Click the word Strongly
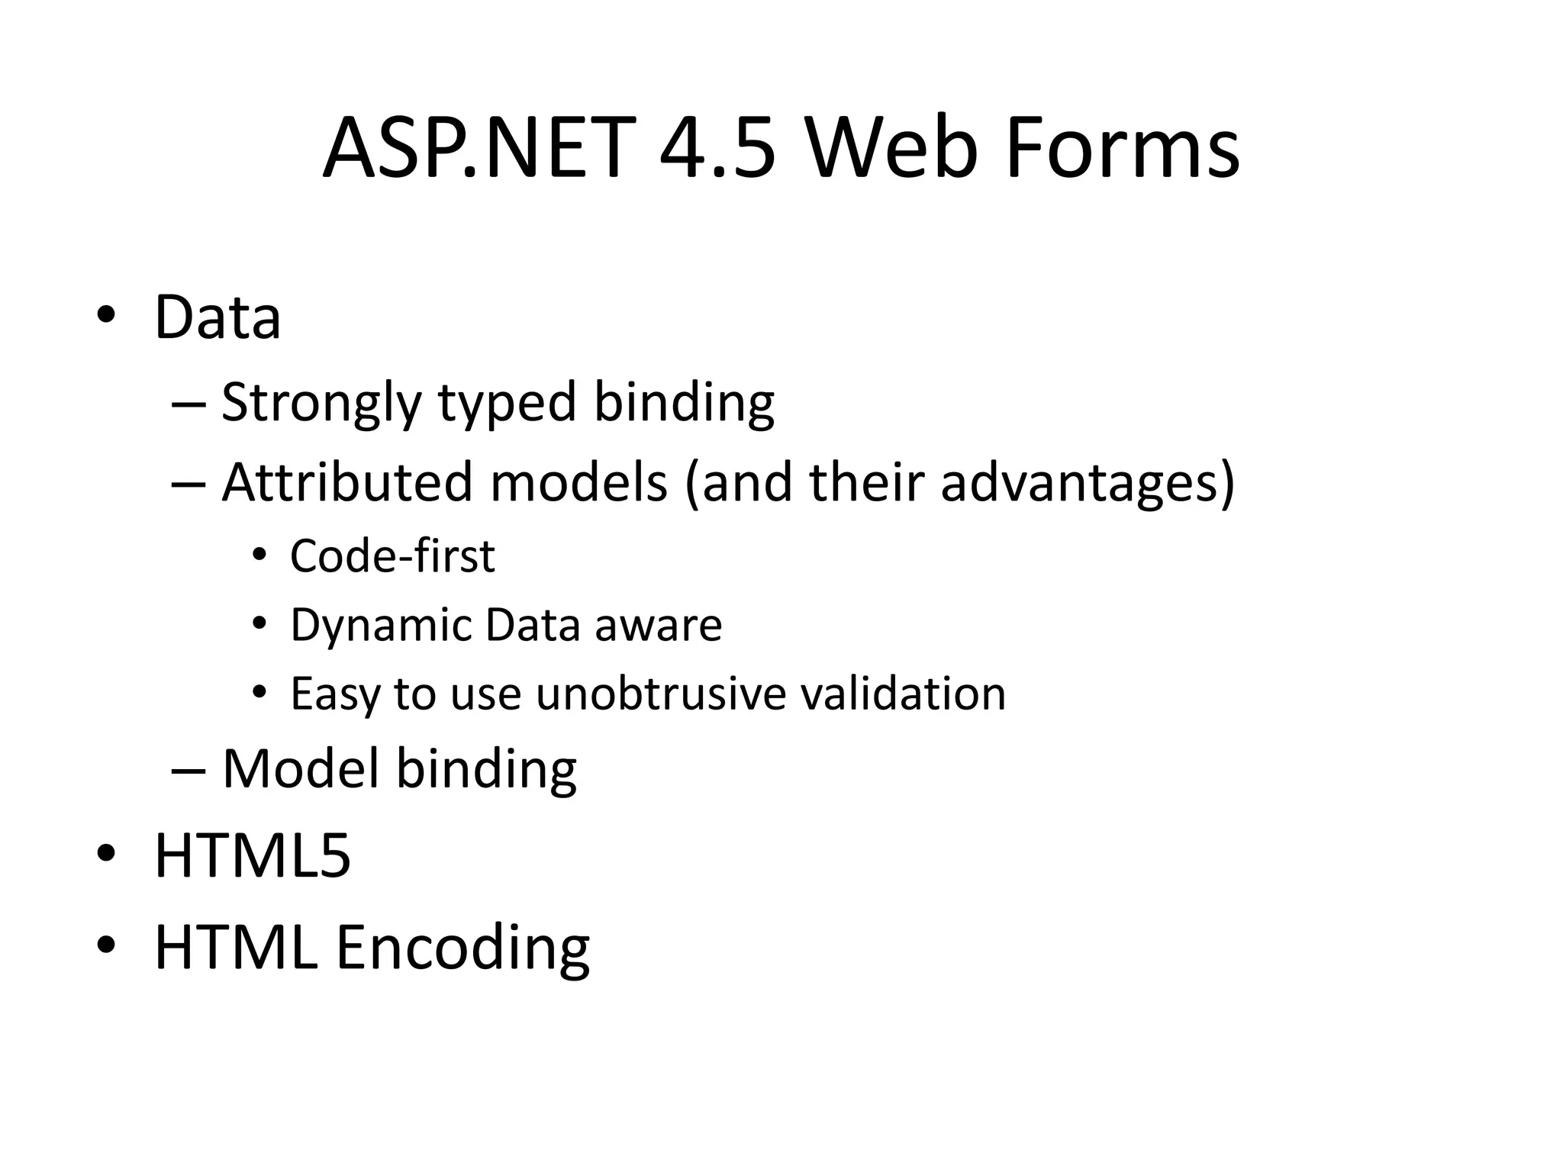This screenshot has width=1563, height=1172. coord(321,402)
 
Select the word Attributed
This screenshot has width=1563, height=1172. coord(347,482)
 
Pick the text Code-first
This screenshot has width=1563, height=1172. coord(392,555)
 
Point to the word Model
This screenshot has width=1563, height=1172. coord(301,768)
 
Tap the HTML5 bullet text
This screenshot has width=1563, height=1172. coord(253,856)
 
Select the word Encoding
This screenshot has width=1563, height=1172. coord(462,947)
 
